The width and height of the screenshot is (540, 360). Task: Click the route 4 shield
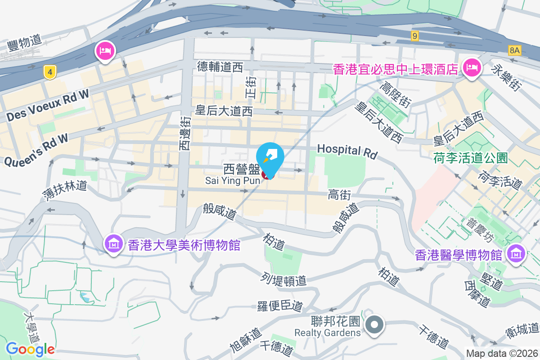point(50,71)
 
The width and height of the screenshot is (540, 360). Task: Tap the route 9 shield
point(415,36)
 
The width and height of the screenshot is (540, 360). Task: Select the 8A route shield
point(515,50)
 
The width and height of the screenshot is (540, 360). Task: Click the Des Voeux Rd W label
point(48,105)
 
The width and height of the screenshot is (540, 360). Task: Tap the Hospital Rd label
point(347,151)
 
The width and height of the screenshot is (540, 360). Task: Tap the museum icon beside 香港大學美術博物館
point(113,244)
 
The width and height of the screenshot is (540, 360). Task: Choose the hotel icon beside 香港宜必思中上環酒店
point(472,68)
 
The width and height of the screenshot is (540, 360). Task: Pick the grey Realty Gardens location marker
point(374,325)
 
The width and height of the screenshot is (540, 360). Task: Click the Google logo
point(30,349)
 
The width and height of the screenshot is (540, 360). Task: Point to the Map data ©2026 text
point(501,354)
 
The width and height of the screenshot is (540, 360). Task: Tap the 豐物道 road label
point(24,44)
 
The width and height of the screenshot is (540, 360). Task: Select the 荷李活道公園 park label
point(471,158)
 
